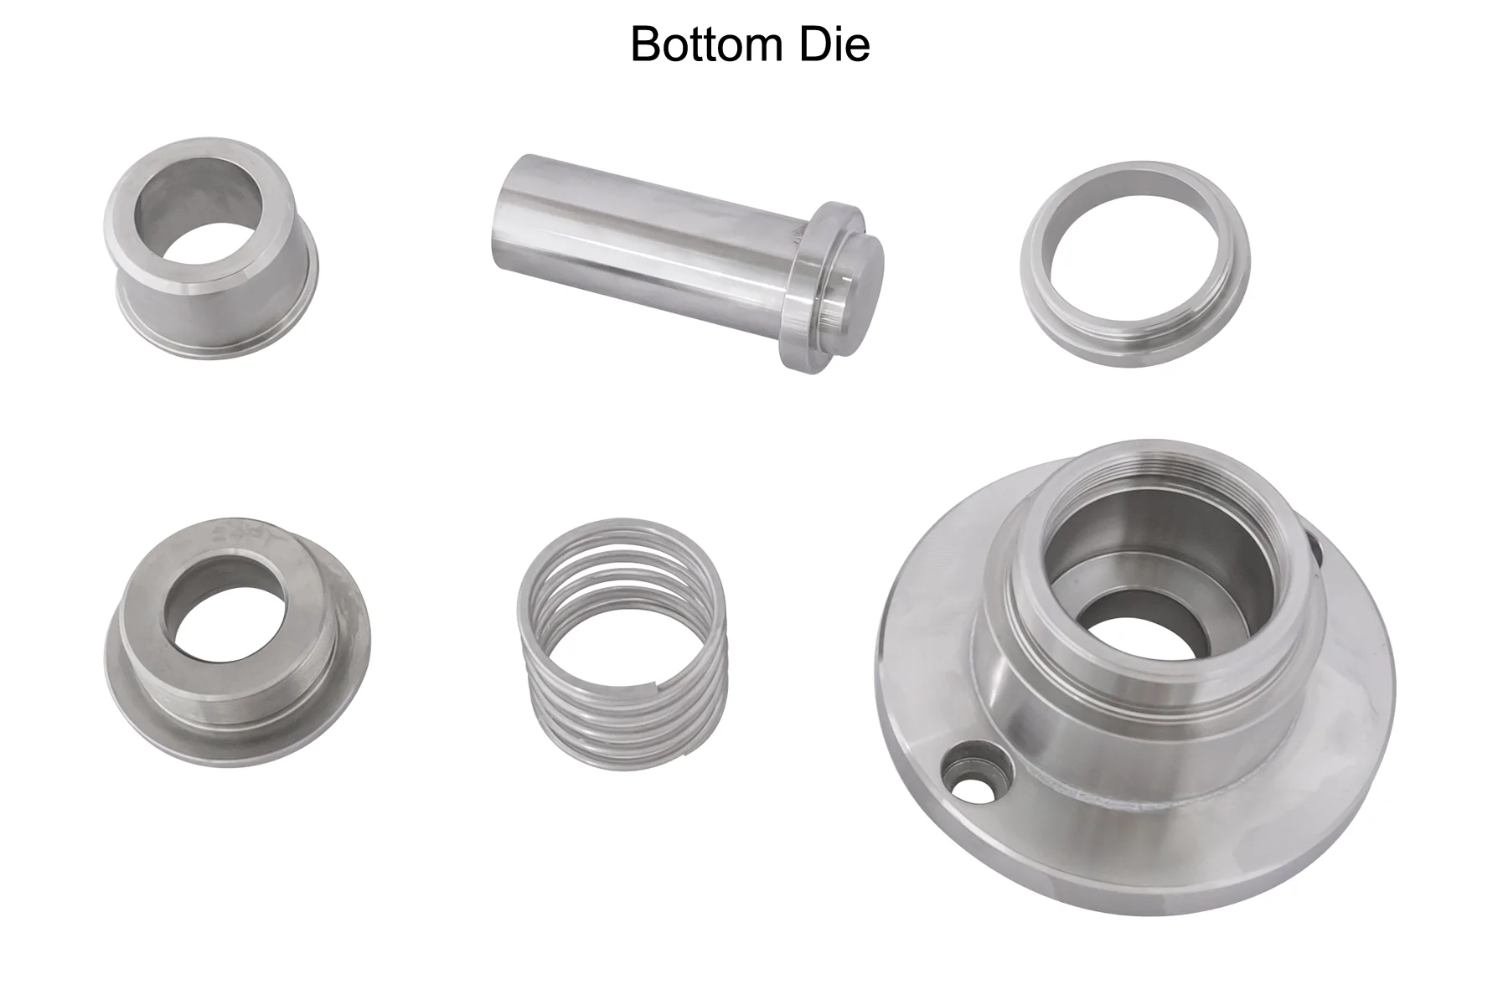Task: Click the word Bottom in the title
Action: tap(703, 44)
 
